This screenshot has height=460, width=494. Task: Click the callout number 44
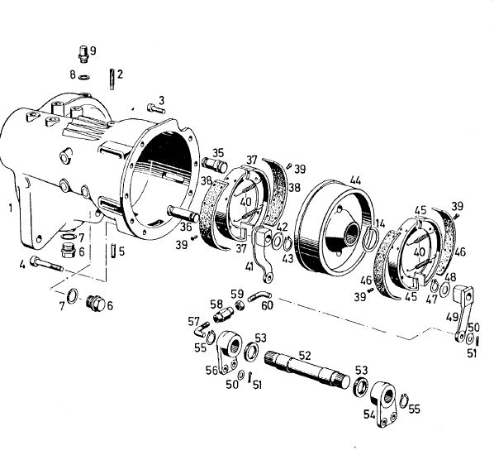[x=355, y=180]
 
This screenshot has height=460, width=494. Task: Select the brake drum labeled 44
[x=334, y=228]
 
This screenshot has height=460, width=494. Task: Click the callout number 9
[x=93, y=50]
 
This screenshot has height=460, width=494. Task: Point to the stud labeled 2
[x=112, y=79]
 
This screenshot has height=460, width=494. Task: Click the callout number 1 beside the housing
[x=11, y=208]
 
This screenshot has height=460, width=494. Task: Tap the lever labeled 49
[x=463, y=313]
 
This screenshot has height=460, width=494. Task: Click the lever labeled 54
[x=384, y=404]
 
